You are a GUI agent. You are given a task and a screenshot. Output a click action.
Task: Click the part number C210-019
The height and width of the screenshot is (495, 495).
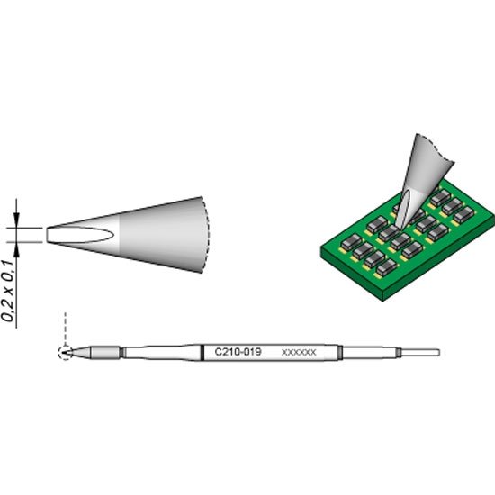pos(236,352)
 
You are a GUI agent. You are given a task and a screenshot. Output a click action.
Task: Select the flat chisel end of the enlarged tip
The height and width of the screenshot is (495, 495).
pos(49,234)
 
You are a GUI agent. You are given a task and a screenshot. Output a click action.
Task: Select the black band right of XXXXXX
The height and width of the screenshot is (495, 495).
pos(342,352)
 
